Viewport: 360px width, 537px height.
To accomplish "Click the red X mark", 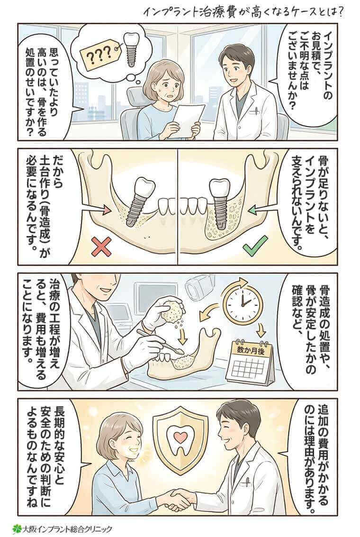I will point(101,246).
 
